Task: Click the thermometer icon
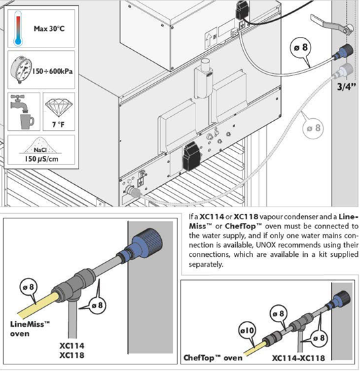click(x=18, y=28)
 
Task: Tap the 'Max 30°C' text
click(x=49, y=28)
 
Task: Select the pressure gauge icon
click(x=21, y=69)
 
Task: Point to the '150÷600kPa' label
click(x=52, y=71)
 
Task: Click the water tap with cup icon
click(x=22, y=112)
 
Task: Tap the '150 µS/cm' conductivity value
click(x=42, y=158)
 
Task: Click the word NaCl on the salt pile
click(x=40, y=150)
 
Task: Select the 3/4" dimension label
click(x=346, y=86)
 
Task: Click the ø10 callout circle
click(x=247, y=330)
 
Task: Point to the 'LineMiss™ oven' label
click(x=30, y=329)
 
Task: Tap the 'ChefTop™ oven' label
click(x=213, y=358)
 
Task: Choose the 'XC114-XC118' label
click(x=298, y=358)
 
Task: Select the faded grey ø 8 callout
click(x=313, y=129)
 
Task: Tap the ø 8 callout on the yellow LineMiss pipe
click(x=28, y=287)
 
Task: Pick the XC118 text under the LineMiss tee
click(x=72, y=355)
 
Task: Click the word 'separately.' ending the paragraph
click(x=206, y=264)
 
